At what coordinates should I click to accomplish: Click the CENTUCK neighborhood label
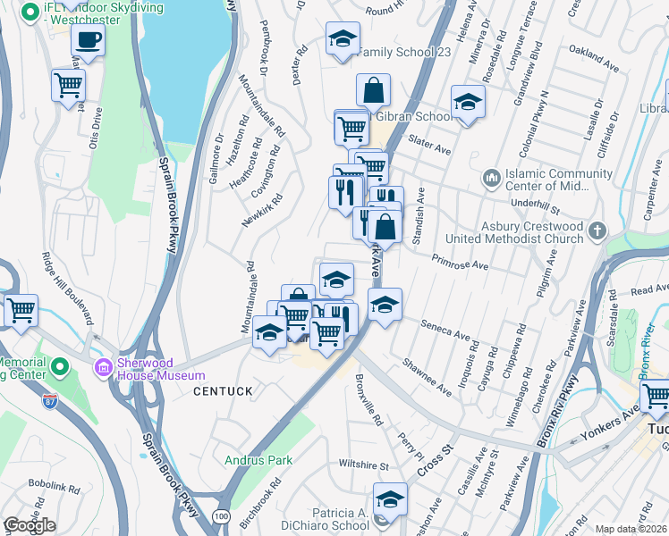point(223,391)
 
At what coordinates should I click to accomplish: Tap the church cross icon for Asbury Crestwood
point(597,233)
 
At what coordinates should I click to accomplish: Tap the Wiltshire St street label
point(363,465)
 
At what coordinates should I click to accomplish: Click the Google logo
point(29,525)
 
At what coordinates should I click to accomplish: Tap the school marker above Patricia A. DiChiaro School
point(389,498)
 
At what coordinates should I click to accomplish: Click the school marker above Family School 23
point(342,38)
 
